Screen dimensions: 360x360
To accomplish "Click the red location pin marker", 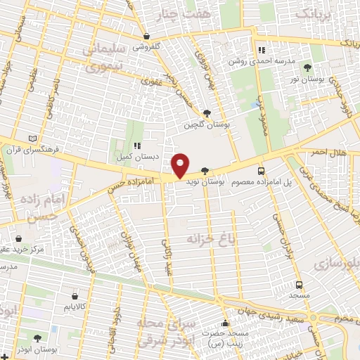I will (181, 166).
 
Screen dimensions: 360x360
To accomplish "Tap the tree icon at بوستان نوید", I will (205, 170).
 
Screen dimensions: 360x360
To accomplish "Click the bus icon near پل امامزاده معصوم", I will (262, 170).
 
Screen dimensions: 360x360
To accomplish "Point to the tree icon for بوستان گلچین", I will (206, 112).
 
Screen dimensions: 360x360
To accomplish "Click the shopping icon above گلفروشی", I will (146, 36).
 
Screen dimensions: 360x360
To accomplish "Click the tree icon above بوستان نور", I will (308, 67).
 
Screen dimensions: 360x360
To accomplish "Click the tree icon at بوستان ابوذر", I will (37, 339).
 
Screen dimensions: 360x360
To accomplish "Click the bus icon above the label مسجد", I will (300, 285).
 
